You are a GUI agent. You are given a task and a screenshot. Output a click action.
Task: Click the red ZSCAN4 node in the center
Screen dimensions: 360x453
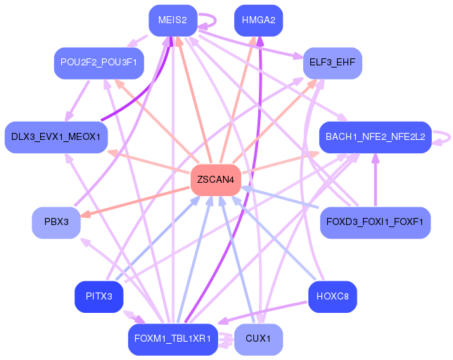click(x=216, y=180)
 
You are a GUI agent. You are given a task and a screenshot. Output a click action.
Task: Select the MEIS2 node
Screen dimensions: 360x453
click(x=172, y=20)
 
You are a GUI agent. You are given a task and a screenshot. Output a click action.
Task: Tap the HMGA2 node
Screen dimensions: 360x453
click(x=258, y=20)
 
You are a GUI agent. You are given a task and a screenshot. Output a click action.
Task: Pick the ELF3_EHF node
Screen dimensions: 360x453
click(x=332, y=63)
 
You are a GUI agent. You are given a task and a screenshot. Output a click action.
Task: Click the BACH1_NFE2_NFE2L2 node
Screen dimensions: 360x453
click(x=375, y=137)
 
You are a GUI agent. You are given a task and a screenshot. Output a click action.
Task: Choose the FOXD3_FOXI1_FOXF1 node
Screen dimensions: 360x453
click(x=375, y=222)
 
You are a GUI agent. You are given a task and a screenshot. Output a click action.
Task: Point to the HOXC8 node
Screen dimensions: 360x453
click(x=333, y=296)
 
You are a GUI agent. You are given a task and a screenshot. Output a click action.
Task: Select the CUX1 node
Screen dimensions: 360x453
click(x=258, y=339)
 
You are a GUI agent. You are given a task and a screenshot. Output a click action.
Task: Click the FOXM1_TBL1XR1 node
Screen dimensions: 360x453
click(x=172, y=339)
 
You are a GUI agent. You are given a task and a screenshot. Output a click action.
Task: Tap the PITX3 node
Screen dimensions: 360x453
click(x=99, y=296)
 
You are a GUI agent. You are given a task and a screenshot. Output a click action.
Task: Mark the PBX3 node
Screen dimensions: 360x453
click(x=56, y=222)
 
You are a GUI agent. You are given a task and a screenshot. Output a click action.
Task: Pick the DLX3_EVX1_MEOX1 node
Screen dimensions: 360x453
click(x=56, y=137)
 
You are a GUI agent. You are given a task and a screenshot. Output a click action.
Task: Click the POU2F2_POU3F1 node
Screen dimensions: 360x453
click(x=99, y=63)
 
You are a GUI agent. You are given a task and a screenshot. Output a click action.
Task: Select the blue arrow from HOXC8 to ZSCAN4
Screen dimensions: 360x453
click(x=278, y=240)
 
